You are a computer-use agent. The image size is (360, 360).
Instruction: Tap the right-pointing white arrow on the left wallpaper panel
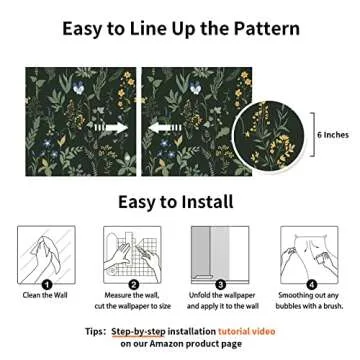pyautogui.click(x=111, y=127)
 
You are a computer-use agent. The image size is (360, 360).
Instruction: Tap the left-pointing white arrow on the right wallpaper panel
pyautogui.click(x=163, y=127)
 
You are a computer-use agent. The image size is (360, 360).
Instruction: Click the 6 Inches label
pyautogui.click(x=333, y=132)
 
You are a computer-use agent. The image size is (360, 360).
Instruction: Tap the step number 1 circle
pyautogui.click(x=47, y=285)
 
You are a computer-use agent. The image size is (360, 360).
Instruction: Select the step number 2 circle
pyautogui.click(x=133, y=285)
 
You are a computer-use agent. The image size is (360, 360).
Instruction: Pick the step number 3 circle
pyautogui.click(x=220, y=285)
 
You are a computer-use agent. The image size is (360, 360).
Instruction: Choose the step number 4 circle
pyautogui.click(x=310, y=285)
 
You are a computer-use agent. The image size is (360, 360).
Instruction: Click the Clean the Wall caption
pyautogui.click(x=46, y=296)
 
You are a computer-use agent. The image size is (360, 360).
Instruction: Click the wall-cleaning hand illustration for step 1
pyautogui.click(x=46, y=253)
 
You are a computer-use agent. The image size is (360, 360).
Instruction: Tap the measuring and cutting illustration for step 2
pyautogui.click(x=133, y=253)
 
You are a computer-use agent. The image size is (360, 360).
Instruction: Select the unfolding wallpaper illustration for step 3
pyautogui.click(x=220, y=253)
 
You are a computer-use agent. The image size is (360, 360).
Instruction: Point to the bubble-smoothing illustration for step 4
pyautogui.click(x=309, y=253)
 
